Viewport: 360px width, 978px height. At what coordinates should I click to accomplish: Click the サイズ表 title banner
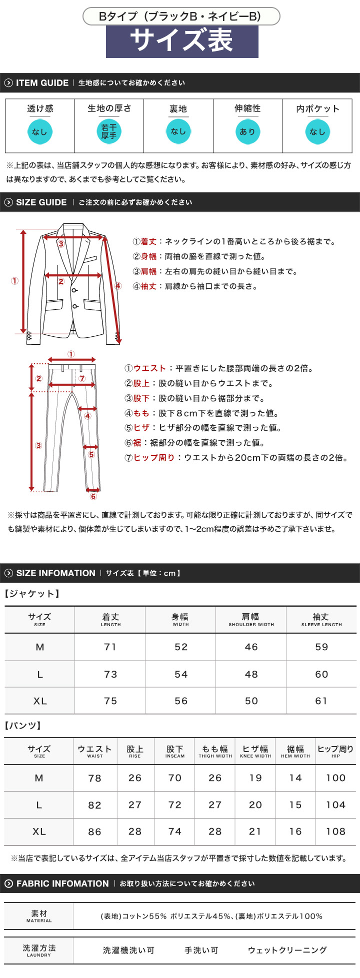[182, 41]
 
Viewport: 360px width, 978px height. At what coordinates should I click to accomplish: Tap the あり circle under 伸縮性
[247, 132]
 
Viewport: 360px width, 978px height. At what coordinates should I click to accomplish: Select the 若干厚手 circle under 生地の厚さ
[108, 132]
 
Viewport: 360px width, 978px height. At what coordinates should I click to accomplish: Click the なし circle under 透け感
[39, 132]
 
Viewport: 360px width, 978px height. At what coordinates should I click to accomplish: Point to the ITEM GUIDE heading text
[42, 83]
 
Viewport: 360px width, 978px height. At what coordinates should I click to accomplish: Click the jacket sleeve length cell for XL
[321, 701]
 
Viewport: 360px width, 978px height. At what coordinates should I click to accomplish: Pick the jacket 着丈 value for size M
[110, 647]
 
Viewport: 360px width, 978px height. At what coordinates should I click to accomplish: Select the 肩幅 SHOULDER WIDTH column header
[251, 620]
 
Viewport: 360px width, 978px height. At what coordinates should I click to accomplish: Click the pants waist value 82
[94, 805]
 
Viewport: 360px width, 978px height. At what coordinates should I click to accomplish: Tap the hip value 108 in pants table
[335, 832]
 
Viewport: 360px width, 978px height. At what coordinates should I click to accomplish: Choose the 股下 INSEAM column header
[175, 752]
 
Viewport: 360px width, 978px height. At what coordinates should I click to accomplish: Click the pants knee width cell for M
[255, 778]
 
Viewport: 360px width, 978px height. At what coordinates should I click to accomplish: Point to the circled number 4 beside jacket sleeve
[118, 286]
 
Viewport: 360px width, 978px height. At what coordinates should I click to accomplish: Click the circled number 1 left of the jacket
[14, 281]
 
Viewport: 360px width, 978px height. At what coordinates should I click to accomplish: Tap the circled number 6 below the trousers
[93, 496]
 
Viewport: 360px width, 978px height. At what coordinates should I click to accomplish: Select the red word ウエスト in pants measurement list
[149, 368]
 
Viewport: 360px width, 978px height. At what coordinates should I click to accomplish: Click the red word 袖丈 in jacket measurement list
[148, 286]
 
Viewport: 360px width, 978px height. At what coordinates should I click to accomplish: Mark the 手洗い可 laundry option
[201, 950]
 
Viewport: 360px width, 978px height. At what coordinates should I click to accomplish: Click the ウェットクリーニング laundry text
[287, 950]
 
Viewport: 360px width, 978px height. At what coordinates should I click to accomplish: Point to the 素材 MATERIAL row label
[39, 916]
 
